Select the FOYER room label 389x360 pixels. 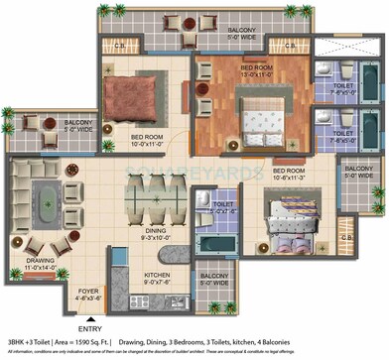pos(88,294)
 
